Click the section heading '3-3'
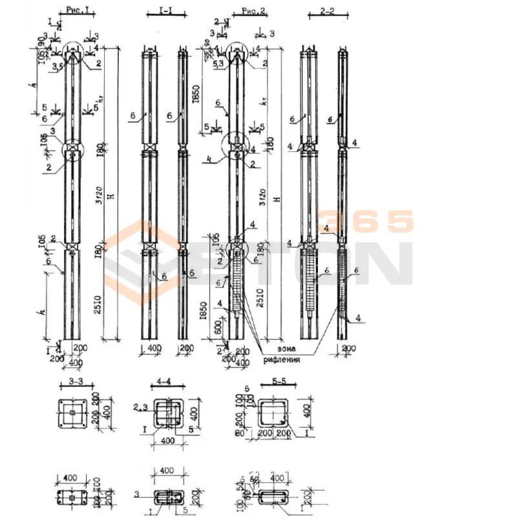[x=75, y=383]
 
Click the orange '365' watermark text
[x=365, y=222]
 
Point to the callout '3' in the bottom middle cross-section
[x=137, y=494]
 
